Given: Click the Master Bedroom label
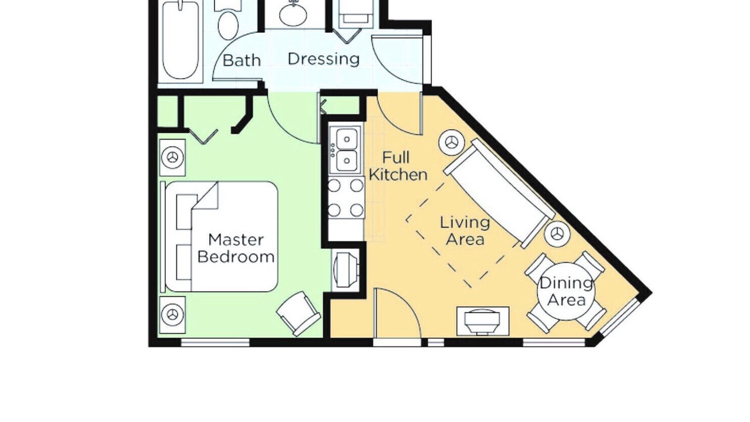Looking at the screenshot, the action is click(236, 248).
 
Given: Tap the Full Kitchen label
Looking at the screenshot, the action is click(398, 166).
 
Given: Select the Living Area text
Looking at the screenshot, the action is click(465, 230).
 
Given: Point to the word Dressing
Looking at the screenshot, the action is click(324, 59).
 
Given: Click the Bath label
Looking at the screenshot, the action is click(241, 60).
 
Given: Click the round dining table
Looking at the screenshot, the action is click(566, 292).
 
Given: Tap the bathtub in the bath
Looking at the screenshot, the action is click(180, 40).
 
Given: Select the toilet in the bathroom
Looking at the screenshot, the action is click(228, 21).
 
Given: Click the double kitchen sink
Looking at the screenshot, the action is click(346, 151).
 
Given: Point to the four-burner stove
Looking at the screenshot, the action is click(346, 198).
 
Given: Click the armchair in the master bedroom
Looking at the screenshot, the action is click(298, 313).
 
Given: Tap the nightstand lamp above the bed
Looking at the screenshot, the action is click(172, 158).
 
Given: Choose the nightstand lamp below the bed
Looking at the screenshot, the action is click(172, 315).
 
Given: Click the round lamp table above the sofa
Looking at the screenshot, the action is click(452, 142).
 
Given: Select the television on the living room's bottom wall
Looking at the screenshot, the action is click(483, 321).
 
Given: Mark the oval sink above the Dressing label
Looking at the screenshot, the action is click(293, 14).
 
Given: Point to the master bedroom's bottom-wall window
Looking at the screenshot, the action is click(215, 342).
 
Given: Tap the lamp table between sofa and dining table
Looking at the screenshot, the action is click(557, 234).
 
